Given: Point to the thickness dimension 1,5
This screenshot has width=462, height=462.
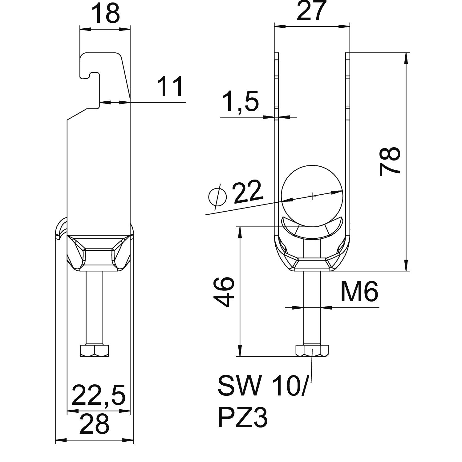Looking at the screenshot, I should (241, 101).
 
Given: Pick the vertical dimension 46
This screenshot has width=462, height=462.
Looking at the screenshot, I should (224, 292).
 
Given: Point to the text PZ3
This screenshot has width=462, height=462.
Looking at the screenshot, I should (242, 418).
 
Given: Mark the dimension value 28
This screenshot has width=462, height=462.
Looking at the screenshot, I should (94, 424).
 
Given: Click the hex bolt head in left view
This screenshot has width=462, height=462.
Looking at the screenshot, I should (94, 351).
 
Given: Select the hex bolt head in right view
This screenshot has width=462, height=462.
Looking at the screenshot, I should (312, 351).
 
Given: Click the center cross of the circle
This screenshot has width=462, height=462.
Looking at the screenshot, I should (312, 196).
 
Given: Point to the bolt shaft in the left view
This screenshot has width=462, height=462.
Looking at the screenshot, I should (94, 308).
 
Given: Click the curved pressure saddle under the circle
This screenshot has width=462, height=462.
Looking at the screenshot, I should (312, 231).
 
